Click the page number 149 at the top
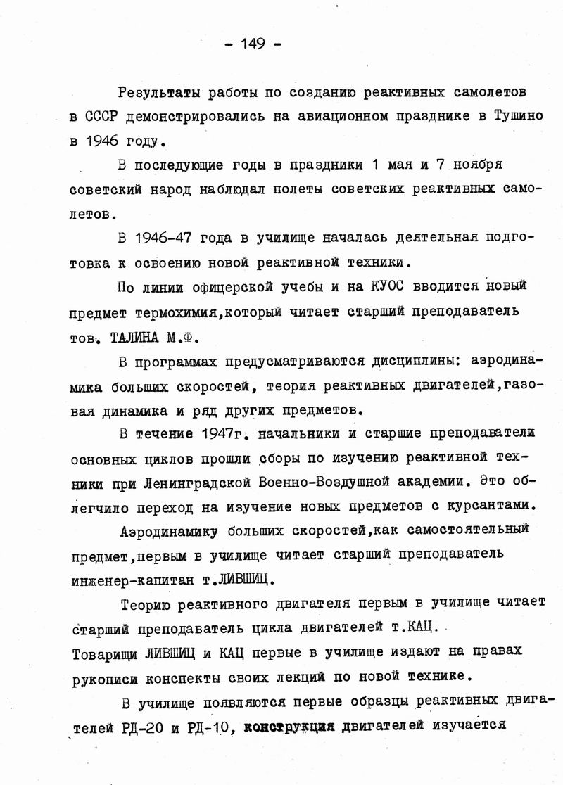click(252, 44)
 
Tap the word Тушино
click(513, 115)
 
